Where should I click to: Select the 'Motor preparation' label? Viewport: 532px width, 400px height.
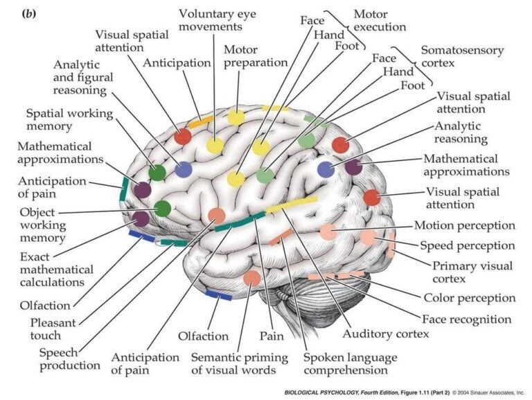tap(256, 55)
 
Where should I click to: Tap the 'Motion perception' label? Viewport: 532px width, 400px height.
tap(464, 225)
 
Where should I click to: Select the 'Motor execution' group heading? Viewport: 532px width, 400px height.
tap(380, 21)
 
